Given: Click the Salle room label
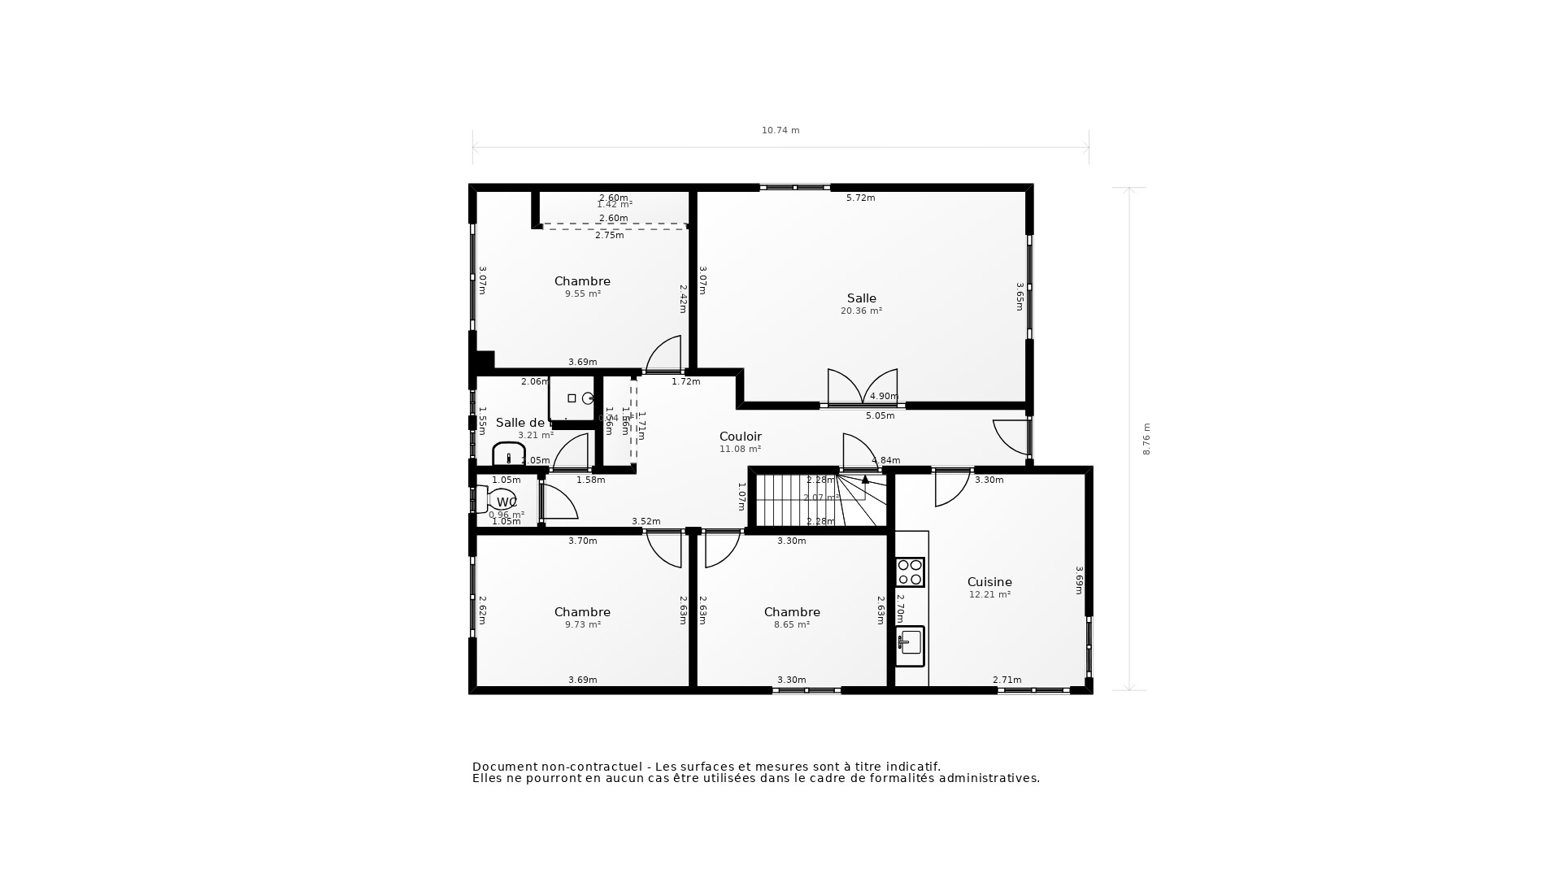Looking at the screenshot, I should [x=861, y=298].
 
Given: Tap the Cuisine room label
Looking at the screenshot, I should [x=989, y=582].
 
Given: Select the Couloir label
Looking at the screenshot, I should [x=740, y=437].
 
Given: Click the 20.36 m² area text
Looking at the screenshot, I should [x=861, y=311].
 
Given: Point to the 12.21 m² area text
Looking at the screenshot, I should [x=989, y=595].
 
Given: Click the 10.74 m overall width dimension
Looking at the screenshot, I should [x=780, y=130].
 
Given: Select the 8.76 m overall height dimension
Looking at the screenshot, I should [x=1146, y=439].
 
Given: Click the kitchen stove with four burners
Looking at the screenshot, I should [x=910, y=572].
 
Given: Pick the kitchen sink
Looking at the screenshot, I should [x=910, y=645].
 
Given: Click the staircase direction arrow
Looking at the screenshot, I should [x=865, y=480].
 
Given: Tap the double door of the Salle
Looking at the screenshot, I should [x=863, y=389].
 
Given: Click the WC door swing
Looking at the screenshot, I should [x=559, y=502].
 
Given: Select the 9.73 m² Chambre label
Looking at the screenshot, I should [x=582, y=612].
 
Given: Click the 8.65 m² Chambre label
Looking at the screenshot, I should [x=792, y=612].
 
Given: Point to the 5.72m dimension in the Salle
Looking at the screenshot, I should [x=860, y=198].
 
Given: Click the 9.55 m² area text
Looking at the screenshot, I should [x=582, y=294].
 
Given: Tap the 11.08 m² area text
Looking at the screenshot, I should [x=740, y=450].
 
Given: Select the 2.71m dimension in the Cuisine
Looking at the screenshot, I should [x=1007, y=680].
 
